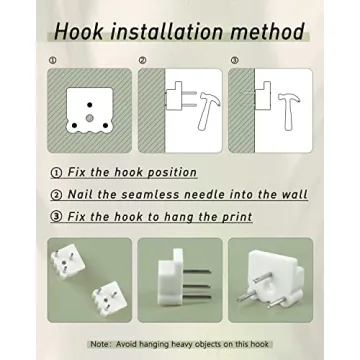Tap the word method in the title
[x=268, y=32]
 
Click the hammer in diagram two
[x=208, y=111]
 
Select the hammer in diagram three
[x=288, y=111]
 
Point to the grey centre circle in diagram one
[x=89, y=118]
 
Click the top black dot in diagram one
[x=89, y=105]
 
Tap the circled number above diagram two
[x=143, y=60]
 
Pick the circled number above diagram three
[x=234, y=60]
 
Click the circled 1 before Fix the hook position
[x=56, y=173]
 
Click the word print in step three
[x=237, y=217]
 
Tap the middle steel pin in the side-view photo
[x=196, y=286]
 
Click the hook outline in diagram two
[x=174, y=96]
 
